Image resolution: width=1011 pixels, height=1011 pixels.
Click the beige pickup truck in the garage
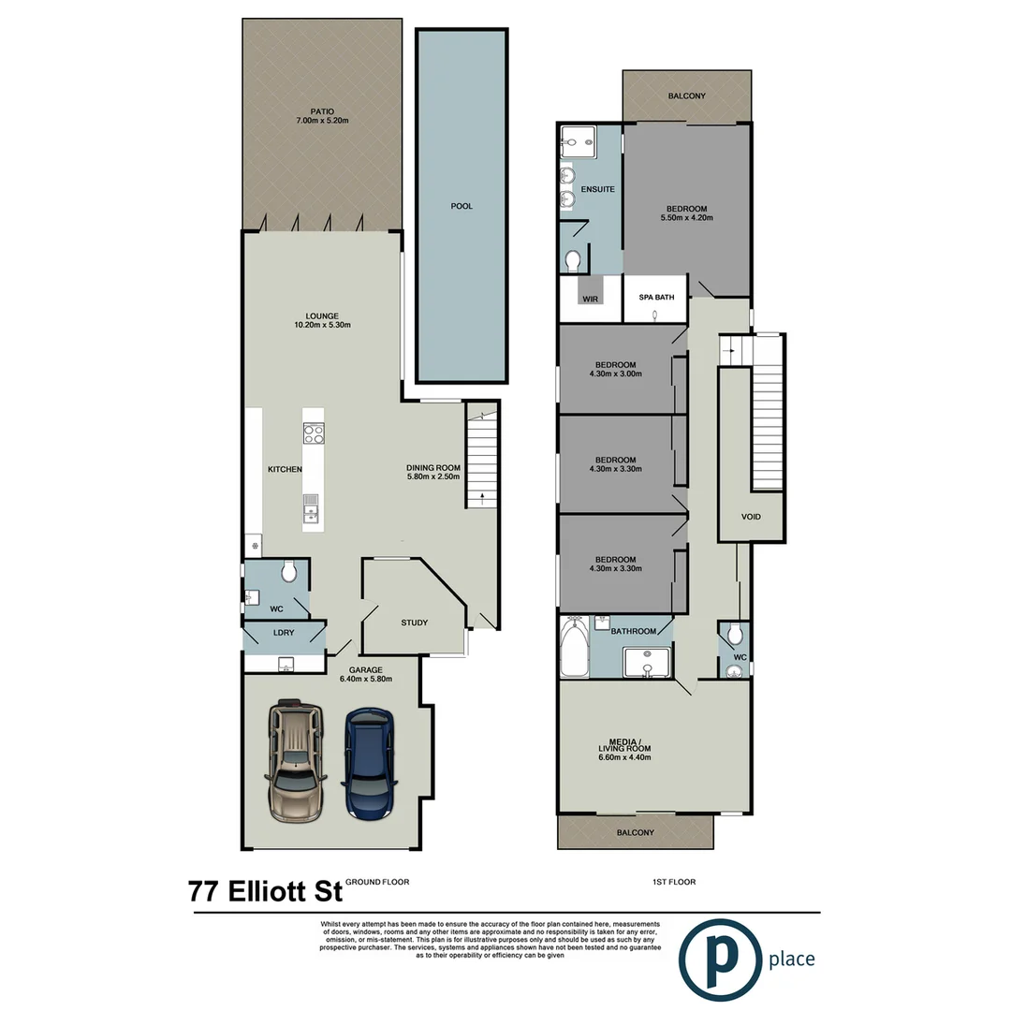pos(297,760)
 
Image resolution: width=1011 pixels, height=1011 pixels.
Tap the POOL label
pos(462,206)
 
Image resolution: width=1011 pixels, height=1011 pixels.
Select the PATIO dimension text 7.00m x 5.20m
pos(322,121)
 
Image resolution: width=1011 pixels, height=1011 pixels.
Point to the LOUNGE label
pos(322,315)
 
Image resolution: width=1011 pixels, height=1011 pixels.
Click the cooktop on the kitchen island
pos(314,433)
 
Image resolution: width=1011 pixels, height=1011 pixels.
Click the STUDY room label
pos(414,623)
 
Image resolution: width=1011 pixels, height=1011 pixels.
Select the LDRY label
pos(284,633)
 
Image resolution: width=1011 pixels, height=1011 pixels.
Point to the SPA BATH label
pos(656,297)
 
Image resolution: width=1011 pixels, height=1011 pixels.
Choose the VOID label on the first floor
pos(751,517)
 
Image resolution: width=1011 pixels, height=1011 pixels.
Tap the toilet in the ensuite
pos(574,257)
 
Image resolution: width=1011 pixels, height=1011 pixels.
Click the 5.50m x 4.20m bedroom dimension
pos(686,218)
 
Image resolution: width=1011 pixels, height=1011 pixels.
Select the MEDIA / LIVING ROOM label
pos(624,747)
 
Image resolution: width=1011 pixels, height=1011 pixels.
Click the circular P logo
pos(721,960)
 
